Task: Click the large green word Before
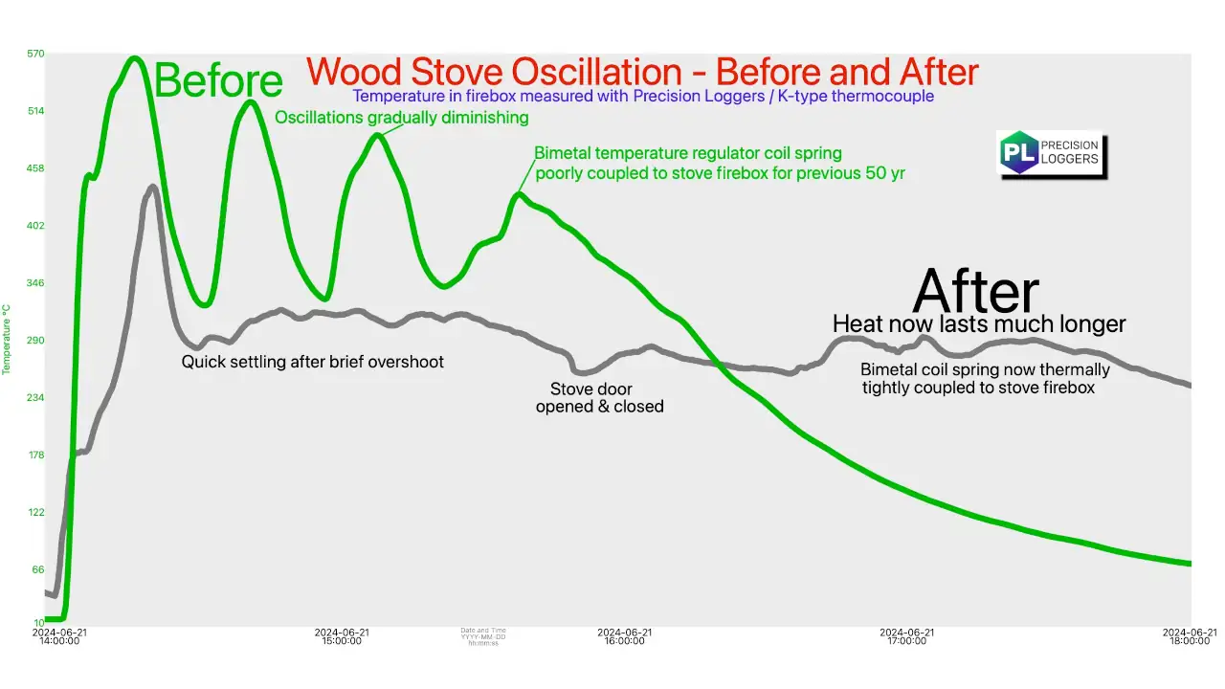pyautogui.click(x=218, y=80)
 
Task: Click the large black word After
pyautogui.click(x=975, y=290)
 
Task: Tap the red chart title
pyautogui.click(x=642, y=72)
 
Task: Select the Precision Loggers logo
pyautogui.click(x=1050, y=153)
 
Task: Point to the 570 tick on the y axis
pyautogui.click(x=35, y=54)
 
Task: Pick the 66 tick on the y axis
pyautogui.click(x=37, y=570)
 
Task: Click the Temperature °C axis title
pyautogui.click(x=7, y=340)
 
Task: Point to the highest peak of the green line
pyautogui.click(x=134, y=59)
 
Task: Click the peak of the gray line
pyautogui.click(x=153, y=187)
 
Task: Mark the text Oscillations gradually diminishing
pyautogui.click(x=402, y=118)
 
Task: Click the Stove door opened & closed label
pyautogui.click(x=599, y=398)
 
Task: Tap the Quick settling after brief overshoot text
pyautogui.click(x=313, y=362)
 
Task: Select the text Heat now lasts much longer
pyautogui.click(x=979, y=323)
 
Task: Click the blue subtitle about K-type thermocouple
pyautogui.click(x=643, y=96)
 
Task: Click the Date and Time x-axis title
pyautogui.click(x=483, y=636)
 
